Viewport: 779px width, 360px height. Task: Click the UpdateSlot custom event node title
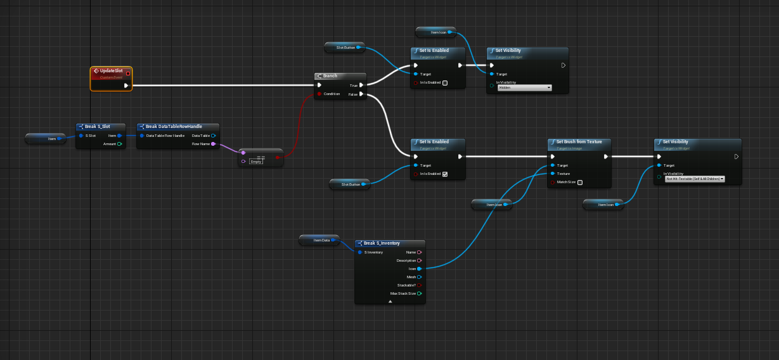click(x=111, y=71)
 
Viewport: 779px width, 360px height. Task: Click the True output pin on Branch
click(x=361, y=84)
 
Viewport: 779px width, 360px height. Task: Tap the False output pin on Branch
click(x=361, y=94)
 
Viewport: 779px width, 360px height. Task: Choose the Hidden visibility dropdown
click(x=525, y=88)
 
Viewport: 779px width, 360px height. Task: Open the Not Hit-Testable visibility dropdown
click(x=694, y=179)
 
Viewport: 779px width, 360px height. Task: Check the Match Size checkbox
click(x=580, y=183)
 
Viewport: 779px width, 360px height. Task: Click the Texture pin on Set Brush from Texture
click(x=553, y=173)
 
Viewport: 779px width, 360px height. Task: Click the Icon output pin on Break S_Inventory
click(x=419, y=269)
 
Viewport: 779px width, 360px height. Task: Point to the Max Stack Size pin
click(x=419, y=293)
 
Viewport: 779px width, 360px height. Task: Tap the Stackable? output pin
click(x=419, y=285)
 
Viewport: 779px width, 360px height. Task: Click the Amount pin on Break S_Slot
click(x=119, y=144)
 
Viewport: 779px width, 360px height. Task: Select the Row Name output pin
click(x=214, y=144)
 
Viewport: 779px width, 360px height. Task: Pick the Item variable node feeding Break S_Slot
click(x=45, y=138)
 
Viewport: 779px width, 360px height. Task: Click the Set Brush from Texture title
click(x=579, y=142)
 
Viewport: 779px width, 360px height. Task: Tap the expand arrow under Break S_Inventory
click(x=390, y=302)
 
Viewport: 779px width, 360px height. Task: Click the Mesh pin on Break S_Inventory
click(x=419, y=277)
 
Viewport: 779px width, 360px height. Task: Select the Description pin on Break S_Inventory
click(x=419, y=260)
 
